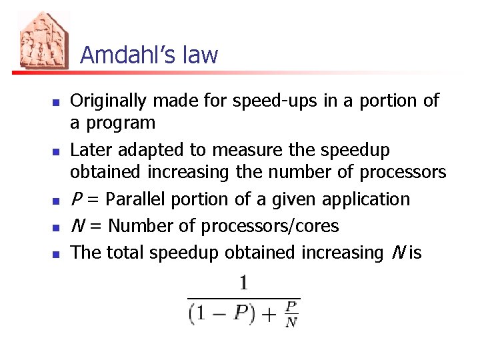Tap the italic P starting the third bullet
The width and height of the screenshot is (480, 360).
click(75, 199)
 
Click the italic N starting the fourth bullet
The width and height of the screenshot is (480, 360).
click(77, 226)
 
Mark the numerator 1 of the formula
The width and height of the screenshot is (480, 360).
click(243, 284)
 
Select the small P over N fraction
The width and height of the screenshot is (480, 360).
click(290, 314)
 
